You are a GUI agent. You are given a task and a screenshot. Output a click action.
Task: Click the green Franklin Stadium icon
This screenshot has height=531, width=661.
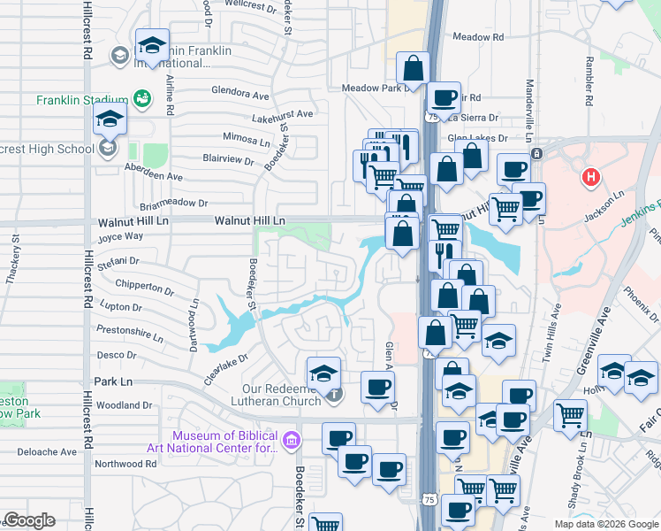coord(141,98)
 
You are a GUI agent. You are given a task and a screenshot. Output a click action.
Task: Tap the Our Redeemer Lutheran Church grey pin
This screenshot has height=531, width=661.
coord(333,394)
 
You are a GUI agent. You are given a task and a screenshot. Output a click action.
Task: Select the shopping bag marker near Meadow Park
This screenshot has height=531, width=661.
coord(413,68)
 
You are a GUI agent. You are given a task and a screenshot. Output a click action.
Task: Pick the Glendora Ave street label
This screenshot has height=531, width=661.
coord(240,94)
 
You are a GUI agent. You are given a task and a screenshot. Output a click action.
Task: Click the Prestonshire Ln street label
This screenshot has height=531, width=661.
coord(129,337)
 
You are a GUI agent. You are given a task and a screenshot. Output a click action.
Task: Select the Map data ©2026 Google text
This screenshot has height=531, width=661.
coord(606,524)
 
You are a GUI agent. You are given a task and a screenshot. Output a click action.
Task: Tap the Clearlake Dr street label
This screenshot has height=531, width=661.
coord(223,365)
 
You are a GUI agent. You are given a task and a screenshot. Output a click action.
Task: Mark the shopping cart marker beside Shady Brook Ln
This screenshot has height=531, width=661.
coord(570,414)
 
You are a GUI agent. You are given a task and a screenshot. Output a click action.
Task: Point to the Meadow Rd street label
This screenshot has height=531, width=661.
coord(477,37)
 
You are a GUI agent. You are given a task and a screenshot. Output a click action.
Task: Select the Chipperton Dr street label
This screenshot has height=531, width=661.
coord(144,287)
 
